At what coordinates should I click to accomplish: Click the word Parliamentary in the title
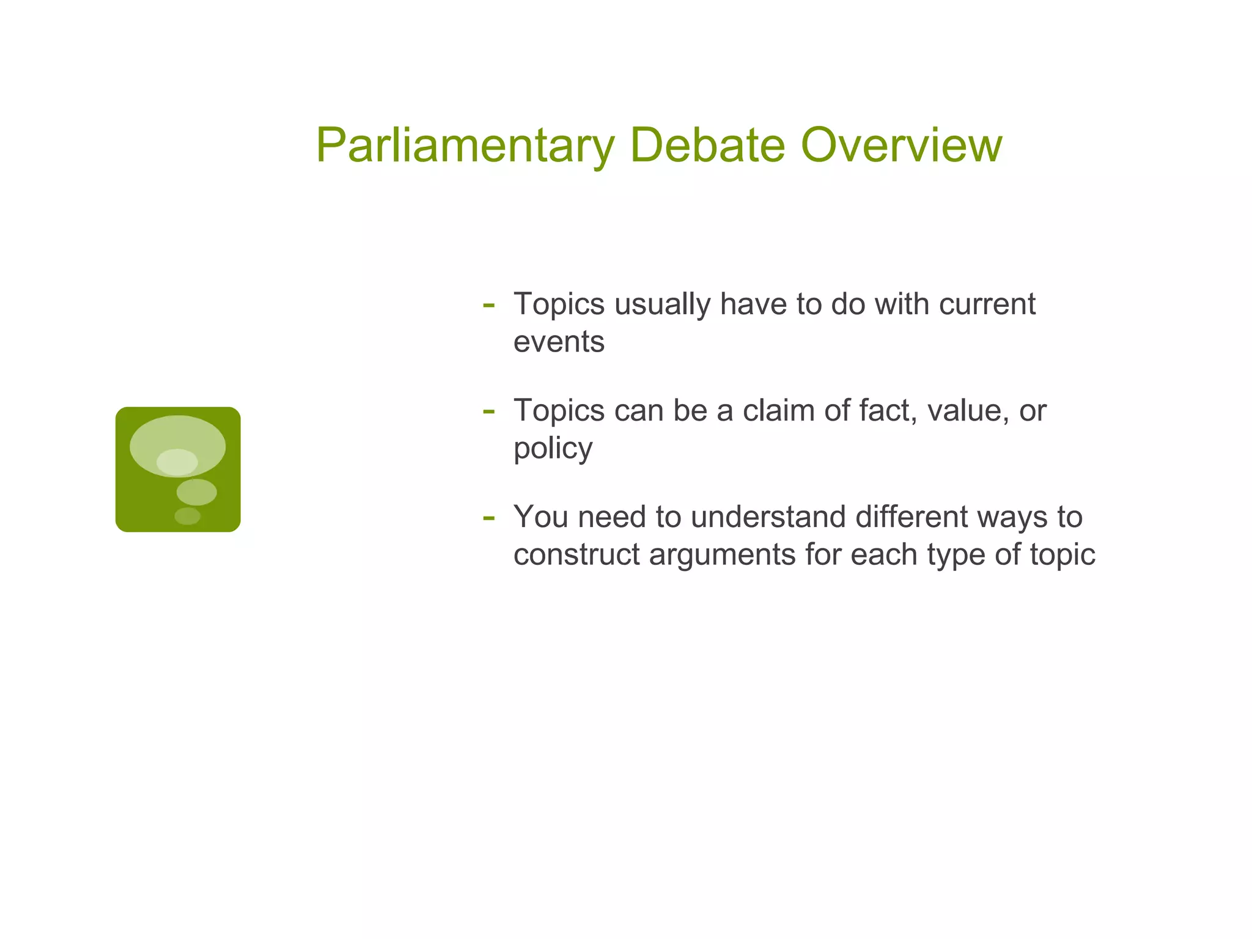pos(465,145)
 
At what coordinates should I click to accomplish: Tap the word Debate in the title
pos(707,145)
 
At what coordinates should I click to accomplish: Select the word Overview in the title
pos(901,145)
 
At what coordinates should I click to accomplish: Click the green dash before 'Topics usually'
pos(488,305)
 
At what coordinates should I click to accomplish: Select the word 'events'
pos(559,342)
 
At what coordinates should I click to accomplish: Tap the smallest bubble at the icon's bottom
pos(187,516)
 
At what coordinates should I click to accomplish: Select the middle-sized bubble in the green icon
pos(196,492)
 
